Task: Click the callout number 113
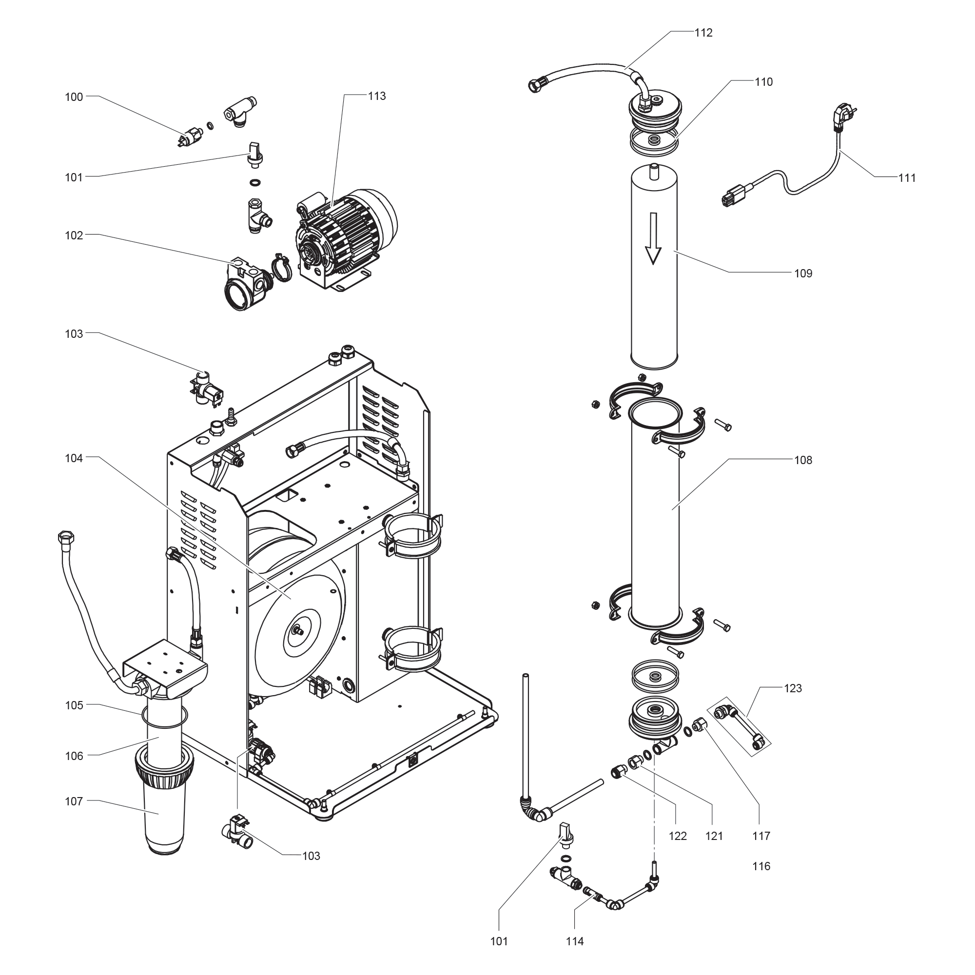[376, 96]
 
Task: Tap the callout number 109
[803, 273]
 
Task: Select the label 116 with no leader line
[761, 866]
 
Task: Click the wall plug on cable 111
[844, 114]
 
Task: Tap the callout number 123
[793, 688]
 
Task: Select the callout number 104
[74, 458]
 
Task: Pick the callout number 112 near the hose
[703, 33]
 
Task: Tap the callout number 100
[74, 97]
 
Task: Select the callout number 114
[575, 941]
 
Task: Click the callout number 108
[803, 460]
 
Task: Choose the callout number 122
[678, 836]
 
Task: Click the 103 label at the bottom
[311, 856]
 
